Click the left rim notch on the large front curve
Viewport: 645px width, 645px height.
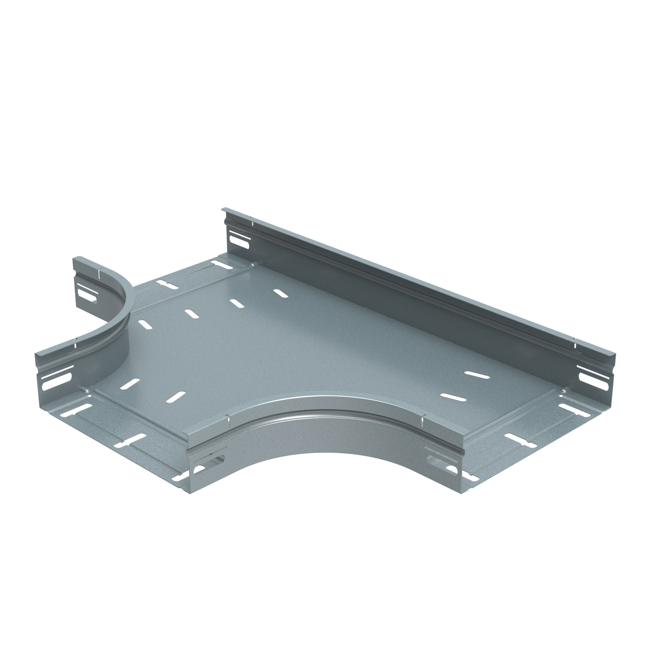click(228, 421)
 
